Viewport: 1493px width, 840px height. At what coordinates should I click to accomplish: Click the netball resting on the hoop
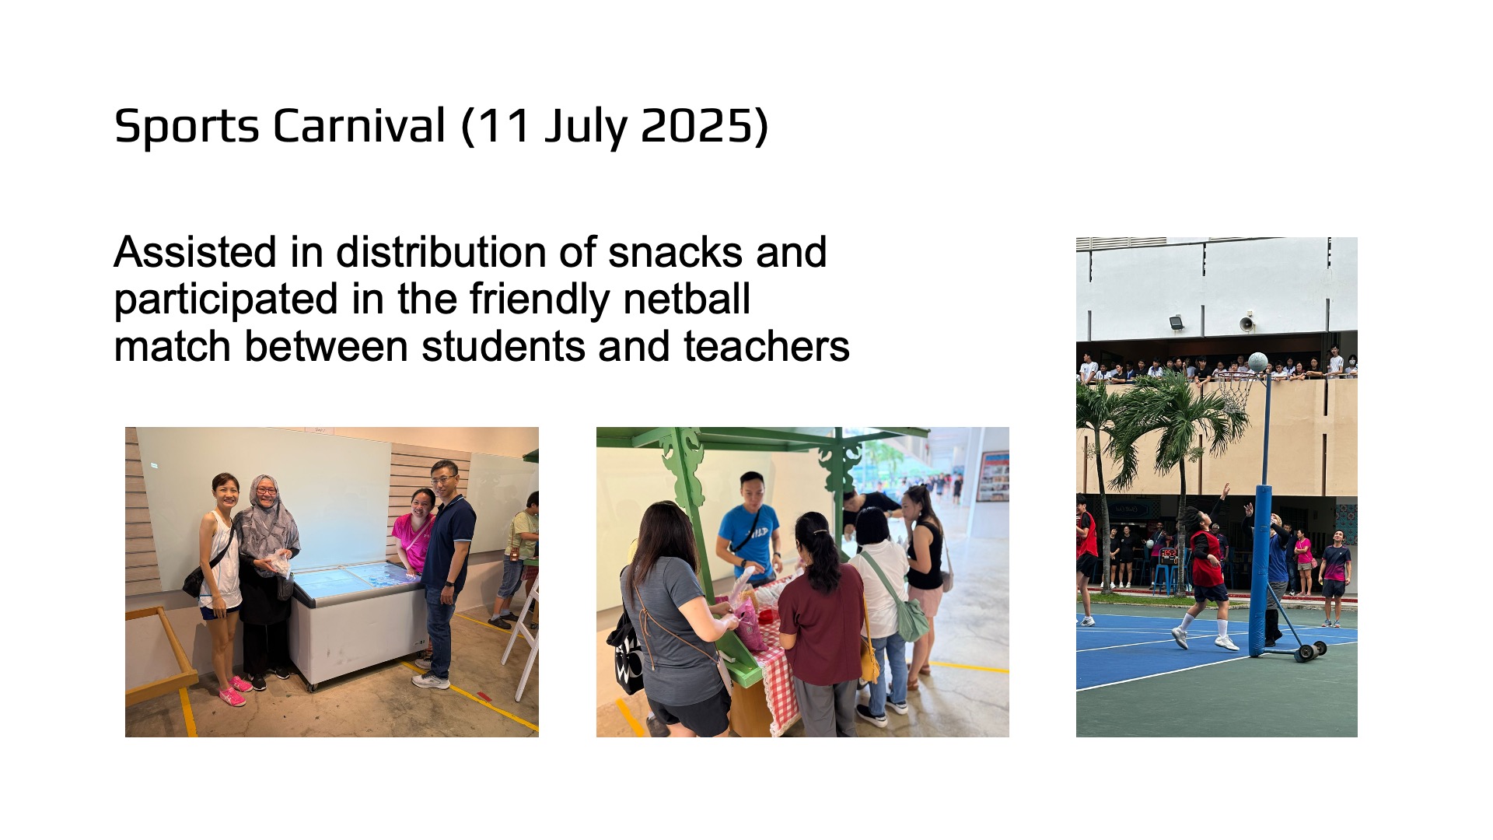pyautogui.click(x=1257, y=362)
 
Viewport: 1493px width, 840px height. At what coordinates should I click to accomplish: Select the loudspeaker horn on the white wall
pyautogui.click(x=1246, y=323)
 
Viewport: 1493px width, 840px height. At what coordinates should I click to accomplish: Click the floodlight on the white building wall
pyautogui.click(x=1177, y=322)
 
